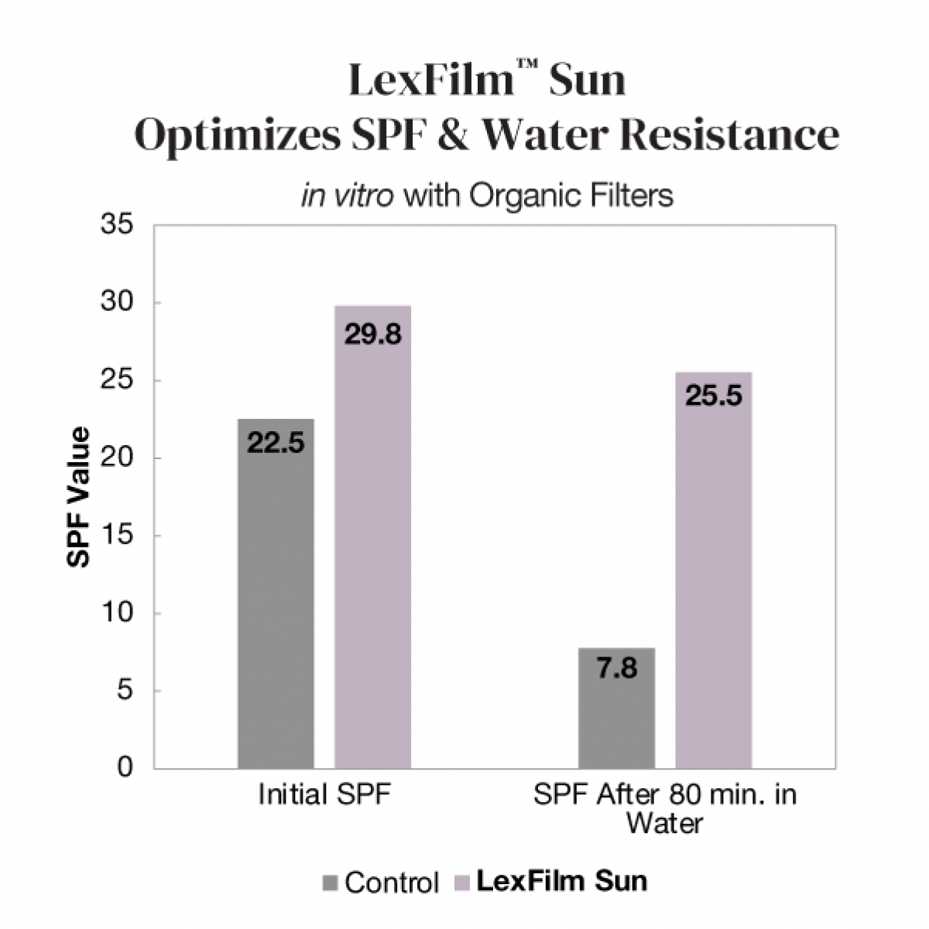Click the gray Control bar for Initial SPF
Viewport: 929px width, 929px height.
point(276,604)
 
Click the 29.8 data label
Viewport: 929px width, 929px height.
point(372,335)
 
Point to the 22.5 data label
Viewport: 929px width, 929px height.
point(276,444)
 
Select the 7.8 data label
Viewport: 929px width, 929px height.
point(617,667)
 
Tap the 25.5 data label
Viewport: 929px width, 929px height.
point(713,396)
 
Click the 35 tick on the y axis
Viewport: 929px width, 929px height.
point(117,225)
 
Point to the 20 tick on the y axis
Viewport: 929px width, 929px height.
point(117,458)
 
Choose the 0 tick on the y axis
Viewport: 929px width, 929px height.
point(125,767)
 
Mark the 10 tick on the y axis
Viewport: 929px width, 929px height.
point(117,612)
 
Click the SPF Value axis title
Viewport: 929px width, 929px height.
point(78,497)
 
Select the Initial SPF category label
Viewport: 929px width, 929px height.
point(324,795)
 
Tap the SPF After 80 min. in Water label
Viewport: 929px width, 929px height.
point(664,808)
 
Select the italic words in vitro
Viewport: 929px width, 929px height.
point(348,196)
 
